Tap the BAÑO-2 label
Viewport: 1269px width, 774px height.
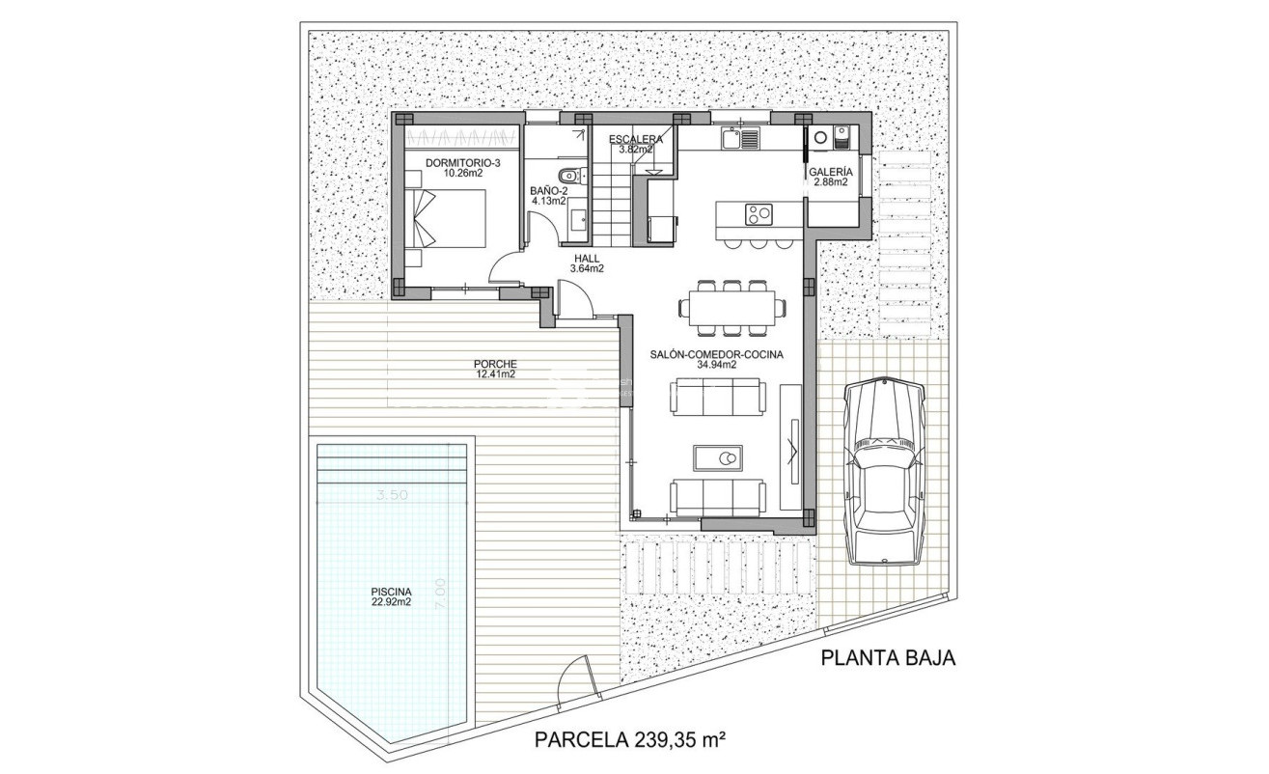(x=548, y=196)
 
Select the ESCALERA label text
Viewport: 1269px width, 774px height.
(x=635, y=144)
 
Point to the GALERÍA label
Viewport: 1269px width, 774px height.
(x=830, y=176)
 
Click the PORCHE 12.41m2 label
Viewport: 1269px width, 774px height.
(x=494, y=369)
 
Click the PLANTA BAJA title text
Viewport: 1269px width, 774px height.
(x=887, y=658)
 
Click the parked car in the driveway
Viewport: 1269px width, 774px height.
(x=882, y=470)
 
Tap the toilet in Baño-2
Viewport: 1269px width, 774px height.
(x=573, y=175)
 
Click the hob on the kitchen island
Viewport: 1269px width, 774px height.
(x=757, y=212)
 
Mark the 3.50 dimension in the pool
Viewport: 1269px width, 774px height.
(x=393, y=495)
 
